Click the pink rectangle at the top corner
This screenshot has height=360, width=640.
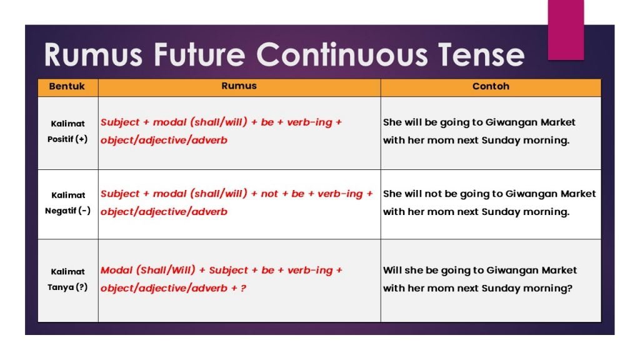click(566, 29)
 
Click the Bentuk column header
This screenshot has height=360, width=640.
click(67, 86)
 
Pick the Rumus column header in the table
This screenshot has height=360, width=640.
click(239, 86)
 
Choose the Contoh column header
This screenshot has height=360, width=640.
click(491, 86)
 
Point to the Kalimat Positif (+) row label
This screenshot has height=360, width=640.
click(67, 131)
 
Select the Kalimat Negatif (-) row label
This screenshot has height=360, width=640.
click(67, 202)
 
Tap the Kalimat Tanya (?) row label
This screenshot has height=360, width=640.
click(67, 279)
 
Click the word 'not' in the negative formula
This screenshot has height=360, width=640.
click(269, 194)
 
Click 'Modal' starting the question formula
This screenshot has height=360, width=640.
click(116, 270)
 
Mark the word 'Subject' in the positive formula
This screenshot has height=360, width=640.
click(120, 122)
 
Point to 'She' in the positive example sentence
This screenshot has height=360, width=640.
click(392, 122)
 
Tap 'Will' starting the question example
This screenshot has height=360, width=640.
click(393, 270)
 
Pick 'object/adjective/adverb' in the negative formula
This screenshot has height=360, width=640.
click(164, 211)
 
